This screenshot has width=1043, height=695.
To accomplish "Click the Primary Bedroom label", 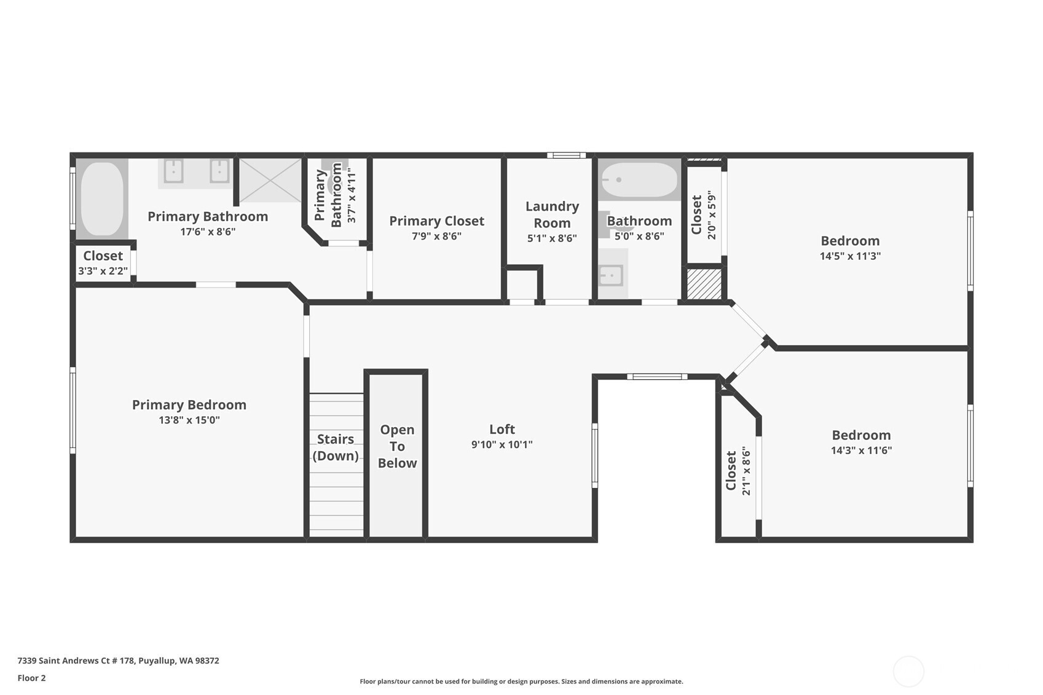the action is coord(189,405).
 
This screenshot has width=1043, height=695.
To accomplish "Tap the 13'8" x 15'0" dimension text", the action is coord(189,420).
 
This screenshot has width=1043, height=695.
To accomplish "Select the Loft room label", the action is coord(502,429).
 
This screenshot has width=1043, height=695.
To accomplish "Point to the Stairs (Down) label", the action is coord(335,447).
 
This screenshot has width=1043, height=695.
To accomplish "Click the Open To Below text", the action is coord(397,446).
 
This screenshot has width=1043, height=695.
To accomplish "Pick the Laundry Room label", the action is coord(553,214).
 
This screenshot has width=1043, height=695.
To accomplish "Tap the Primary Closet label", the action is coord(437,221).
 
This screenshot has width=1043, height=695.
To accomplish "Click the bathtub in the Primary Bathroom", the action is coord(103,198).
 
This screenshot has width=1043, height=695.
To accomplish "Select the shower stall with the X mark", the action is coord(270,180).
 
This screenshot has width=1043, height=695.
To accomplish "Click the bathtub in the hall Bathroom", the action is coord(639,179).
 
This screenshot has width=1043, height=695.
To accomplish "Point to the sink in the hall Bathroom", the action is coord(612,275).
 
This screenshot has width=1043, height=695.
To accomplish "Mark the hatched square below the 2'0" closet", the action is coord(704,284).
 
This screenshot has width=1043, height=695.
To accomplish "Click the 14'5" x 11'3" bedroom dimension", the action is coord(850,256).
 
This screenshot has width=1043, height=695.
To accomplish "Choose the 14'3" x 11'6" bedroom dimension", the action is coord(862,450).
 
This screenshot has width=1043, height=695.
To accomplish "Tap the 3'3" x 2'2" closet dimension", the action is coord(103,271).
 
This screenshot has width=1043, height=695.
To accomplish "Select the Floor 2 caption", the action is coord(32,678).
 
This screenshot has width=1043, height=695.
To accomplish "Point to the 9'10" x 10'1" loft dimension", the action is coord(502,444).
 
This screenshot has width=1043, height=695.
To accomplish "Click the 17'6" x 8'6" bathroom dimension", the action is coord(208,231).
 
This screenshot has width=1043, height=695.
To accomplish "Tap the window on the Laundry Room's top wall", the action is coord(566,155).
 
